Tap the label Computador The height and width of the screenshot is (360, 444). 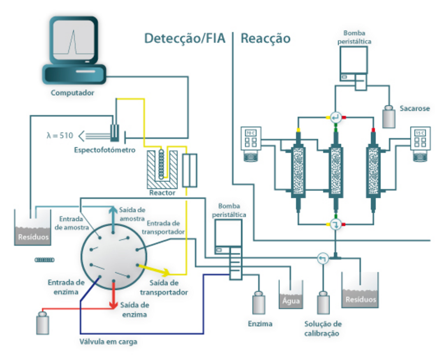click(x=72, y=93)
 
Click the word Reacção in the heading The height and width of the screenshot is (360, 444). click(x=266, y=39)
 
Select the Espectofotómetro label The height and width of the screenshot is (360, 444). click(x=104, y=150)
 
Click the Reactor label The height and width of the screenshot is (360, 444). click(x=163, y=193)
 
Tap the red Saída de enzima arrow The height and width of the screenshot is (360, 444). click(x=112, y=296)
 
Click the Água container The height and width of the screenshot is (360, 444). click(x=291, y=296)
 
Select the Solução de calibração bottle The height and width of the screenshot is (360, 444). click(x=323, y=304)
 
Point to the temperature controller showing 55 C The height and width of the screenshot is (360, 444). click(x=420, y=139)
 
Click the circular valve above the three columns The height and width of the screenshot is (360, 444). click(x=336, y=117)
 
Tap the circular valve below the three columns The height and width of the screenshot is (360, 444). click(x=336, y=224)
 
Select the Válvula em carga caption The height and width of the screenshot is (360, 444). click(x=108, y=342)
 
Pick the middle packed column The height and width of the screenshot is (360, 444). click(x=336, y=168)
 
